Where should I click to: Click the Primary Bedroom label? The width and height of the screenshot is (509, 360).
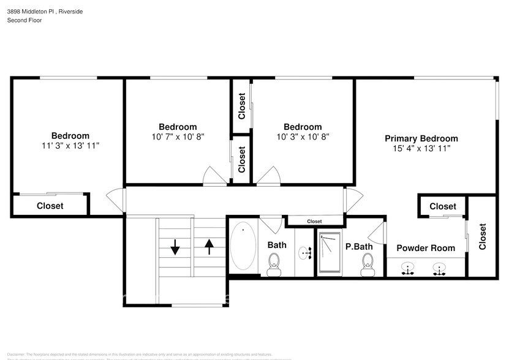pos(421,138)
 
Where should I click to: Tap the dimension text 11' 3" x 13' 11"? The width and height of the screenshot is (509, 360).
pos(70,146)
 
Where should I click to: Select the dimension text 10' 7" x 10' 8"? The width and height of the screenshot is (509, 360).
pos(178,137)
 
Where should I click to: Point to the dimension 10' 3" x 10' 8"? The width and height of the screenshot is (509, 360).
pos(303,137)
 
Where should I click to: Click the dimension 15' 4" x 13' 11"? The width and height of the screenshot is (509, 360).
pos(421,148)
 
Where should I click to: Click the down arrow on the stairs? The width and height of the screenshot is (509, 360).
pos(175,247)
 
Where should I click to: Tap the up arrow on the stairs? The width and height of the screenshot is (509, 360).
pos(209,246)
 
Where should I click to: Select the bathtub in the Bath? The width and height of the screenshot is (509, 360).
pos(243,246)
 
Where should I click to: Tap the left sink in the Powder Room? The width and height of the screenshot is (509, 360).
pos(406,268)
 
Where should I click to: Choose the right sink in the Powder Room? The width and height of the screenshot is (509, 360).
pos(439,268)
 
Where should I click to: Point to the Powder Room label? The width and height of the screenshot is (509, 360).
pos(426,248)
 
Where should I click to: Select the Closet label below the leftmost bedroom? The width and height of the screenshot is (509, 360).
pos(50,206)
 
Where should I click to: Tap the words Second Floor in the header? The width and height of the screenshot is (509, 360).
pos(25,20)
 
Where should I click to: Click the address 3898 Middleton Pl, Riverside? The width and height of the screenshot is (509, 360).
pos(45,12)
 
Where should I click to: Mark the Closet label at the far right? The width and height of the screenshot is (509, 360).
pos(482,236)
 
